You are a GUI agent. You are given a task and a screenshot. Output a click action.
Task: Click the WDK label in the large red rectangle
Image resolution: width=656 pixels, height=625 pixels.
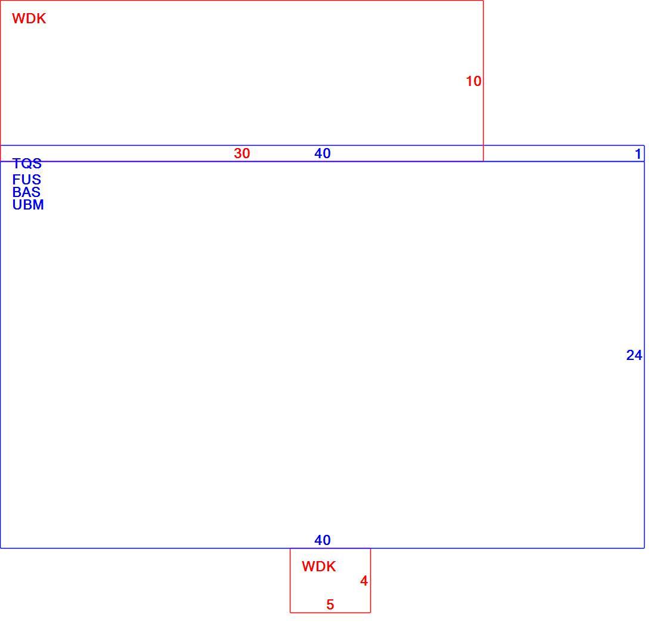coord(29,19)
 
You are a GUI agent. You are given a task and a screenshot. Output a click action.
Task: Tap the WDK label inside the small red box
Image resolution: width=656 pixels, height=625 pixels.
coord(318,566)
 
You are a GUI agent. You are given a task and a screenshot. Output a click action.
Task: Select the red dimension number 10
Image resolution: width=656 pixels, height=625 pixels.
coord(474,81)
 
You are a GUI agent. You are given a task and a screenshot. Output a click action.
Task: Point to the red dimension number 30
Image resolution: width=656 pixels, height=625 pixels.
coord(242,153)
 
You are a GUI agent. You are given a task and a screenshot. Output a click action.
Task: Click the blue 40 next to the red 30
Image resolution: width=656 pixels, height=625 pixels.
coord(322,153)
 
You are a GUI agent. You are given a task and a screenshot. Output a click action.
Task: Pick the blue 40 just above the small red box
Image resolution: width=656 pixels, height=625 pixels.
coord(322,540)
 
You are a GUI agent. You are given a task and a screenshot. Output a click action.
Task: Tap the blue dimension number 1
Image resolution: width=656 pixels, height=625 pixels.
coord(638,154)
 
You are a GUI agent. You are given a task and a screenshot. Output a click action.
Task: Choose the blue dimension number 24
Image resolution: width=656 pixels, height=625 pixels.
coord(634,355)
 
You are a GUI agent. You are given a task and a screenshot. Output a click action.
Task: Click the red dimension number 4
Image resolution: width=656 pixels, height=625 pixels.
coord(364,581)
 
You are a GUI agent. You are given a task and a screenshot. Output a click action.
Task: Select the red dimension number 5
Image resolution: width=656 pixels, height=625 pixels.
coord(330,605)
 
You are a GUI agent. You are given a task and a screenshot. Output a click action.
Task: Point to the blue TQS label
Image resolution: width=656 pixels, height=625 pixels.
coord(27,163)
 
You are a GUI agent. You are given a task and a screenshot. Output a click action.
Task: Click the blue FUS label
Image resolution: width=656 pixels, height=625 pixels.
coord(27,179)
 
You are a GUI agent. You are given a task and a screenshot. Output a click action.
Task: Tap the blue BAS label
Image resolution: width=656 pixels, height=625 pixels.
coord(26,192)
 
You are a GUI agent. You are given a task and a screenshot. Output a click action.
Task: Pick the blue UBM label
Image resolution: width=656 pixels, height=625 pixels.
coord(28,204)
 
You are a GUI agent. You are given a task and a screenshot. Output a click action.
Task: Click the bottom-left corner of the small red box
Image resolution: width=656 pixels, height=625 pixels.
coord(290,612)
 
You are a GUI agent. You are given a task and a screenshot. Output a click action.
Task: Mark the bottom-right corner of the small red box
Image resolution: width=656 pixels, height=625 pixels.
coord(370,612)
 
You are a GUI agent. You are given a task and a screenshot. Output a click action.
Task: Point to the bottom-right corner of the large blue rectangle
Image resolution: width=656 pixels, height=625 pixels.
coord(644,548)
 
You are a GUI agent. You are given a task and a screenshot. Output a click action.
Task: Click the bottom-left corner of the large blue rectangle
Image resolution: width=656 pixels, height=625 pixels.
coord(1,548)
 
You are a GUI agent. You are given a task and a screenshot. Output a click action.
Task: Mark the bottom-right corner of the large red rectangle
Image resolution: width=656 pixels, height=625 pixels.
coord(483,161)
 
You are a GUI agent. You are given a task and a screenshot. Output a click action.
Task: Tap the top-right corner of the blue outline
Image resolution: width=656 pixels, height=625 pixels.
coord(644,146)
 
